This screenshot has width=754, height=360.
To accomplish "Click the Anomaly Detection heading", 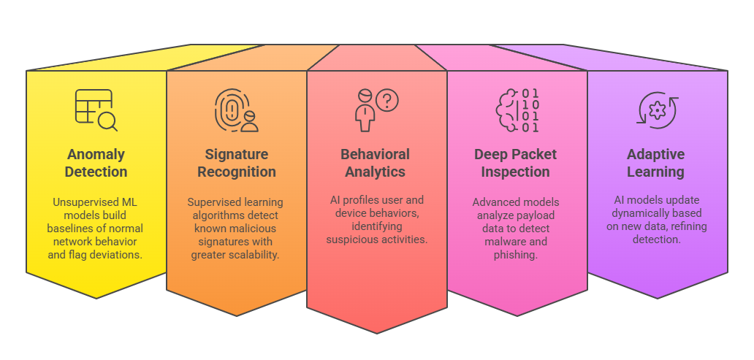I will click(96, 163).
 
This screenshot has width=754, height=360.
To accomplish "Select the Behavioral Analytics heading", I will click(376, 163).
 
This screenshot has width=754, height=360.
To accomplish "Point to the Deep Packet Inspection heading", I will click(515, 163).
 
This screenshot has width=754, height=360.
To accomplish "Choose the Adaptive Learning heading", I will click(655, 163).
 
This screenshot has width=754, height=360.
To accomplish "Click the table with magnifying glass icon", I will click(96, 110).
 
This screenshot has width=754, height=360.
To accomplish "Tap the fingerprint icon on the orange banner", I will click(231, 110).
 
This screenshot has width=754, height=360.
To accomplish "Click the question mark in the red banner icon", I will click(386, 100).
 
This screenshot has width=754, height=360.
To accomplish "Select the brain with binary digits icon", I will click(517, 110).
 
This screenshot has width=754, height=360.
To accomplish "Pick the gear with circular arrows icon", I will click(657, 110).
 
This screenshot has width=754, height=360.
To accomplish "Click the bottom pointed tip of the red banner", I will click(377, 333).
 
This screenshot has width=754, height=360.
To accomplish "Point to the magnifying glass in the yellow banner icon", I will click(108, 121).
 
